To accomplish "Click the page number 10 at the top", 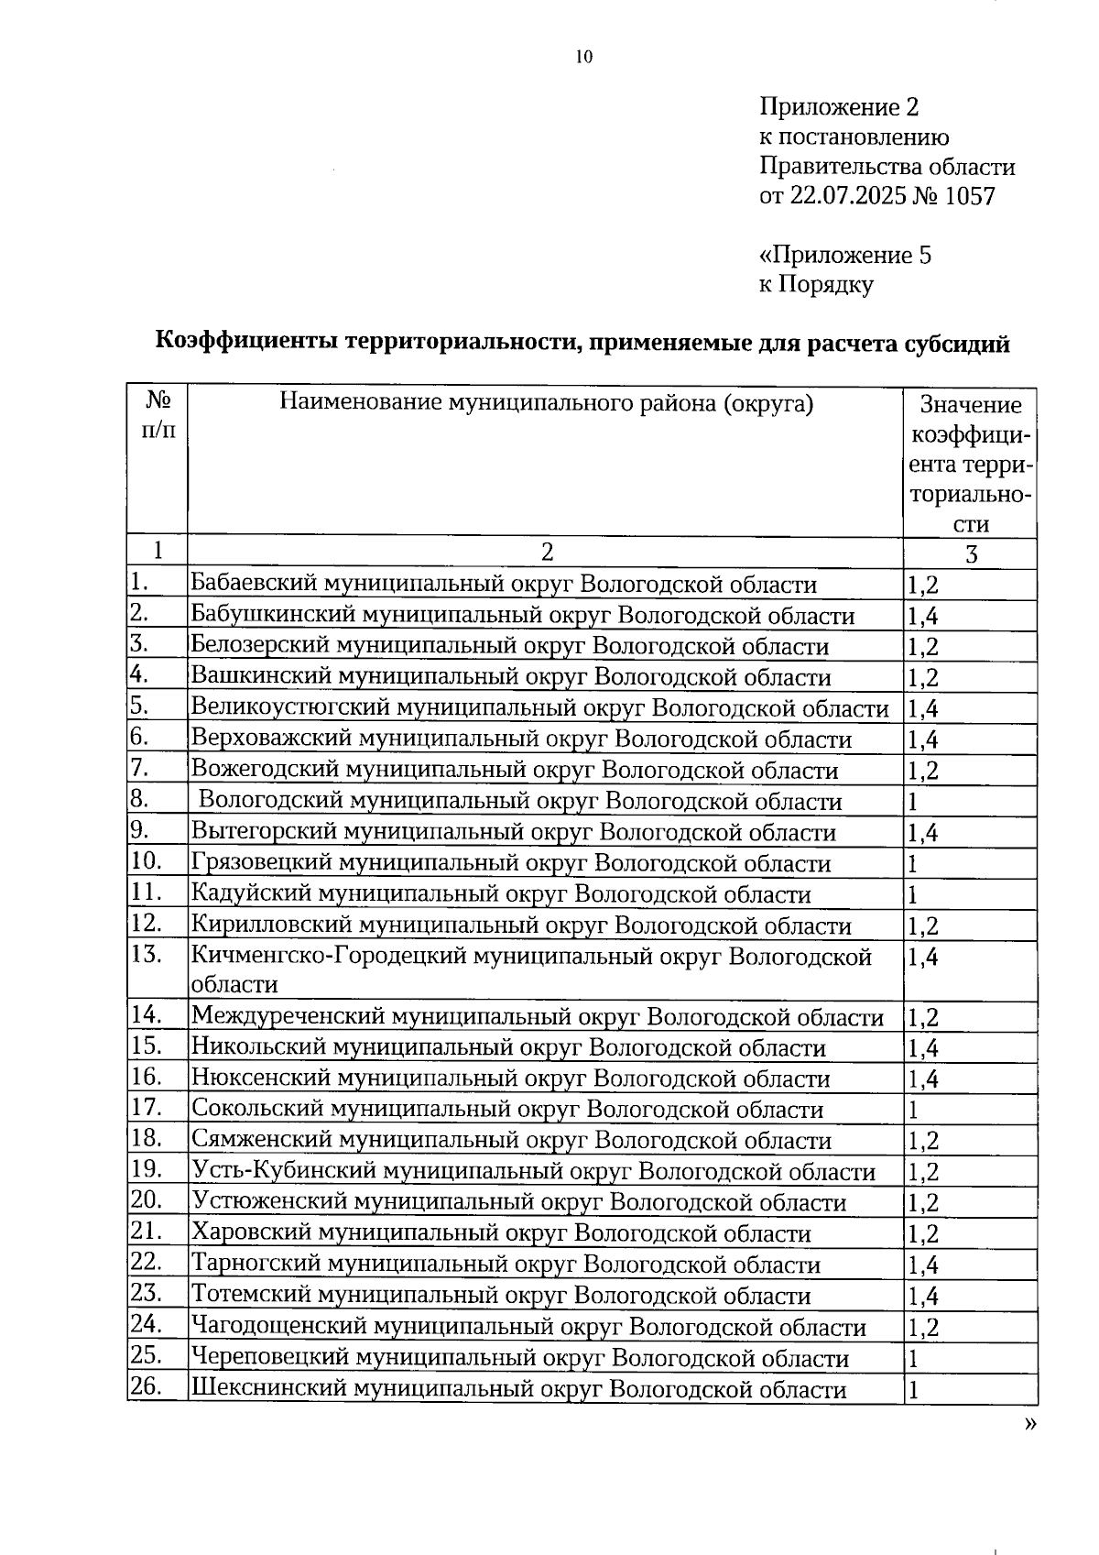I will (584, 57).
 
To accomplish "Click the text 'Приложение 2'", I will (838, 108).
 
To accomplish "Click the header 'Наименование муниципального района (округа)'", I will (546, 403).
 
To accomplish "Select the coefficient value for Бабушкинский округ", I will (923, 616).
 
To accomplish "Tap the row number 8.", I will (139, 799).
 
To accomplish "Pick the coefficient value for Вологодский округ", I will (913, 802).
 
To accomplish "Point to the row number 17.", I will (146, 1107).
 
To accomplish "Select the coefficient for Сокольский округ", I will (913, 1110).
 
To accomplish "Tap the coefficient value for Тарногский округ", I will (923, 1265).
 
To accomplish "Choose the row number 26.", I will (146, 1386).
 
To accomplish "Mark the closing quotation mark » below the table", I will (1031, 1423).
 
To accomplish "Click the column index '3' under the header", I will (971, 553).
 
